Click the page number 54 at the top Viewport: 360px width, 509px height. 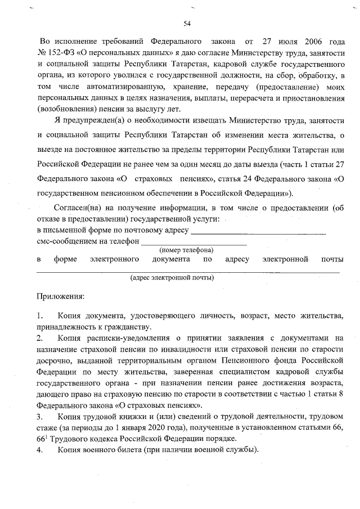[187, 23]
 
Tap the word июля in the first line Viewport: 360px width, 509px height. [278, 42]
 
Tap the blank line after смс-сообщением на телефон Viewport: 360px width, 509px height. [193, 243]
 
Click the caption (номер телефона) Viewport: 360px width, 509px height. [186, 250]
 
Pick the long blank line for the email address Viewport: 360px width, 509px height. [188, 271]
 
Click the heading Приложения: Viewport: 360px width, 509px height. [60, 295]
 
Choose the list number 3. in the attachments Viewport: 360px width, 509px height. [40, 417]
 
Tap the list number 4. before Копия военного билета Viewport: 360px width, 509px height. [40, 450]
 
